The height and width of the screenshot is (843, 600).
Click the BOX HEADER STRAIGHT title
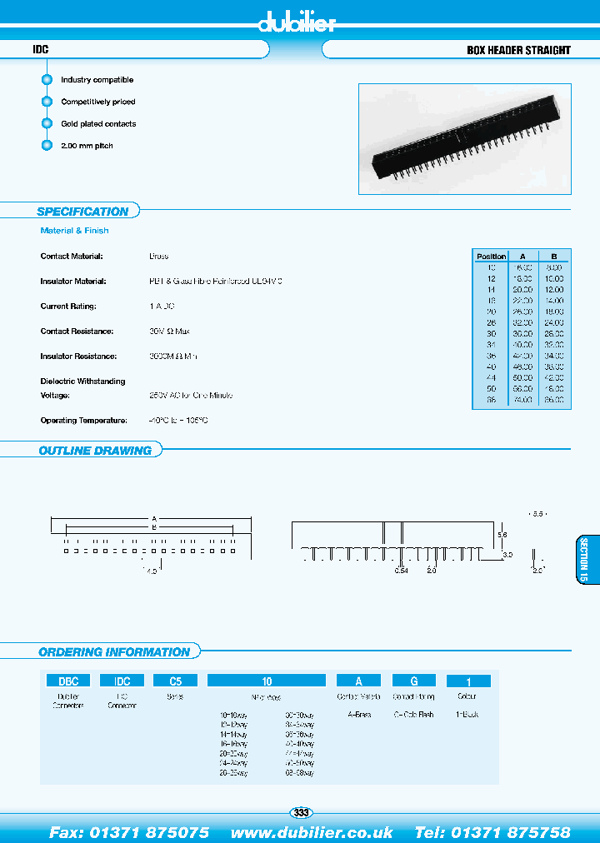click(x=518, y=50)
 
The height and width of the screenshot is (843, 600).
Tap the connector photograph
click(x=464, y=138)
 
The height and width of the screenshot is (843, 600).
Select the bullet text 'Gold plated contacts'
click(x=98, y=124)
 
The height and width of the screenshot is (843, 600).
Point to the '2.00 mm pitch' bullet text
click(x=87, y=146)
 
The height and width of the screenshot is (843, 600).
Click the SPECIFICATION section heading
click(x=82, y=212)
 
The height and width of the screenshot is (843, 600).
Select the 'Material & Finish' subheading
click(x=74, y=231)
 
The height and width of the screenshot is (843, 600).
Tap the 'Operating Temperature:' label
click(x=83, y=421)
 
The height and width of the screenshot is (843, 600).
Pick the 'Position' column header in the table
click(x=491, y=257)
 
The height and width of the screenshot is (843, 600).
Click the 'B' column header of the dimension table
click(x=554, y=257)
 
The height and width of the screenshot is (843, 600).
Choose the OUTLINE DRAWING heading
click(x=95, y=451)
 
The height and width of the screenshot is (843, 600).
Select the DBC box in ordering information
click(x=67, y=681)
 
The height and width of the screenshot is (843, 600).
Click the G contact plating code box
click(x=413, y=681)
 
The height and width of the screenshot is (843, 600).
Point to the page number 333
click(x=301, y=812)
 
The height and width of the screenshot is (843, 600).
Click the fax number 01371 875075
click(x=129, y=832)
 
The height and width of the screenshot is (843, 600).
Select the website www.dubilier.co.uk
click(x=312, y=832)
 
